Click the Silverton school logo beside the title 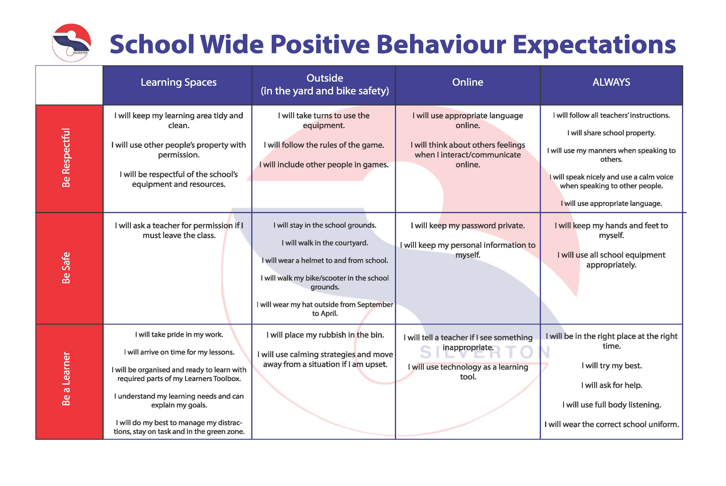(71, 43)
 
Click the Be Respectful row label (66, 158)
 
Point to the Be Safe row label (66, 268)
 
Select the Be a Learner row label (66, 379)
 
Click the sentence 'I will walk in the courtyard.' (325, 243)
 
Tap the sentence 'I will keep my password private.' (468, 226)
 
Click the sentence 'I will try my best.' (612, 366)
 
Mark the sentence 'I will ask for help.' (612, 385)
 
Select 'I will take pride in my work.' (179, 335)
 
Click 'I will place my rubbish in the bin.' (325, 335)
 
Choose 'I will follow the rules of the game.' (324, 145)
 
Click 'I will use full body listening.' (612, 405)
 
